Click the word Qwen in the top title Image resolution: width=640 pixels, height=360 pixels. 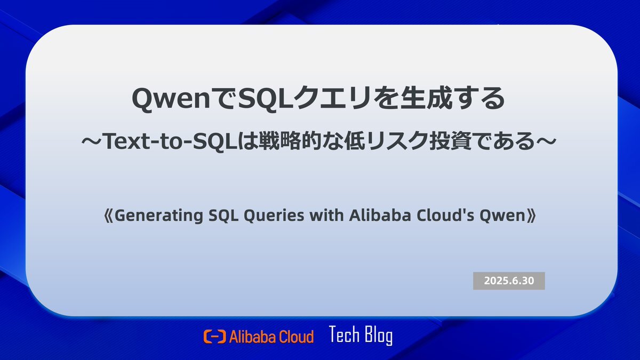pyautogui.click(x=171, y=99)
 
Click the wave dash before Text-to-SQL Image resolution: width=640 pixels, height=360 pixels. pyautogui.click(x=92, y=141)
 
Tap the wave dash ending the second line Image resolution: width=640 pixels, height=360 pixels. pyautogui.click(x=546, y=141)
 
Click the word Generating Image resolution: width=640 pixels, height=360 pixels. pyautogui.click(x=158, y=215)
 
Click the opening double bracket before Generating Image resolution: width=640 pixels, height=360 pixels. pyautogui.click(x=109, y=215)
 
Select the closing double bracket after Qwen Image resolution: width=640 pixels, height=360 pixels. pyautogui.click(x=531, y=215)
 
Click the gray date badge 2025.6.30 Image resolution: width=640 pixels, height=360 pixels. pyautogui.click(x=509, y=281)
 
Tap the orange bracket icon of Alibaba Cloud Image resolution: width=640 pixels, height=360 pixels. pyautogui.click(x=214, y=337)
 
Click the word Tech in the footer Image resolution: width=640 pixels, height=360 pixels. pyautogui.click(x=345, y=334)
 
